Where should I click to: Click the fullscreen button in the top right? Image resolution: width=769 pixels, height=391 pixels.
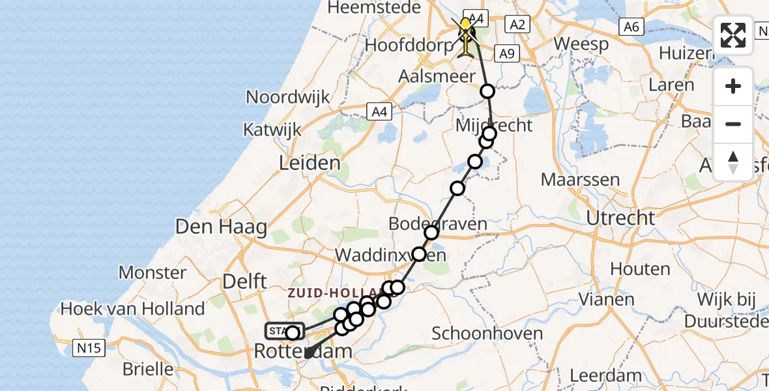(x=733, y=35)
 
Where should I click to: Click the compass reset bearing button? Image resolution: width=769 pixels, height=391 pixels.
(x=733, y=162)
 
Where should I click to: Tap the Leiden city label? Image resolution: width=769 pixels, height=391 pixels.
(x=310, y=163)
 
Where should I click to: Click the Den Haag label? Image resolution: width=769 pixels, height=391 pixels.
(x=222, y=227)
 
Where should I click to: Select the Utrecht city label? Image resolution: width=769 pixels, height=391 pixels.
(x=620, y=218)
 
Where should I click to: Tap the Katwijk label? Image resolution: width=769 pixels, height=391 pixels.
(x=272, y=129)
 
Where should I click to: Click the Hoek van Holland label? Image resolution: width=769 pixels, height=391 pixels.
(x=133, y=308)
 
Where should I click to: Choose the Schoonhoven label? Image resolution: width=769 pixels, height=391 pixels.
(x=487, y=334)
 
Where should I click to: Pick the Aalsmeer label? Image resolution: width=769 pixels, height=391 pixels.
(x=438, y=76)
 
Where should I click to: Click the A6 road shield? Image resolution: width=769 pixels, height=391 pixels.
(x=630, y=27)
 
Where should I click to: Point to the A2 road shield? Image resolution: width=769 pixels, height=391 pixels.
(x=517, y=25)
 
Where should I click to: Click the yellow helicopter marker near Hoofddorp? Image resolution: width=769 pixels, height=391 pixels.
(x=466, y=28)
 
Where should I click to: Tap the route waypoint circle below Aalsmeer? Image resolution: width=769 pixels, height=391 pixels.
(x=487, y=91)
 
